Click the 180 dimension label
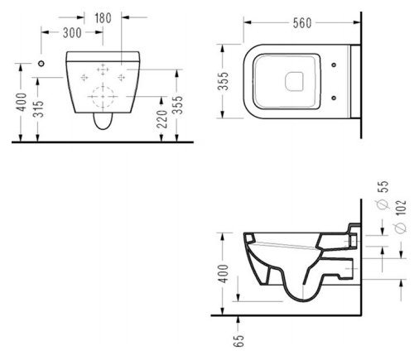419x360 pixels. pos(103,18)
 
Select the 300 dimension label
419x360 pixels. pos(72,33)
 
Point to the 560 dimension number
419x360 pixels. pos(302,23)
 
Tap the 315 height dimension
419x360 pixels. pos(38,109)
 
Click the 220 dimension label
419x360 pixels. pos(162,119)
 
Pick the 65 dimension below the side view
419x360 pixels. pos(239,341)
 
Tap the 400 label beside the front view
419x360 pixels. pos(22,102)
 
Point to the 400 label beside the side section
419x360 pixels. pos(223,273)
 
